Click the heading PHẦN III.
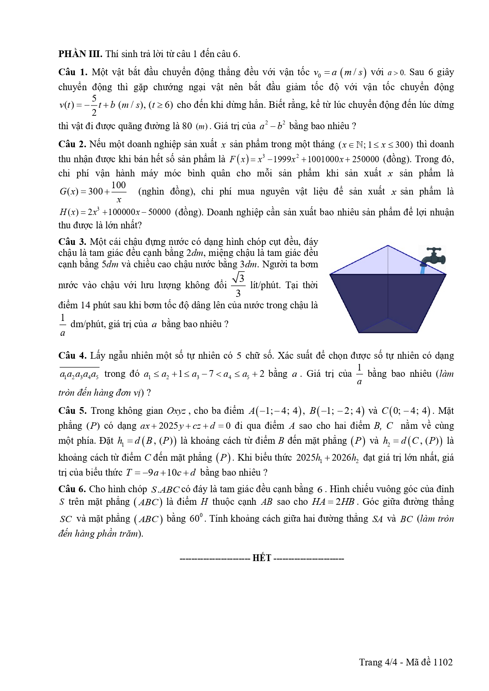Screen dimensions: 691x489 pos(80,54)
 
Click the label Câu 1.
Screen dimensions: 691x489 pos(73,72)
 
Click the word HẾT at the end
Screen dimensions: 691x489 pos(262,558)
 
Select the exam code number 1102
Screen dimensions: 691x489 pos(443,662)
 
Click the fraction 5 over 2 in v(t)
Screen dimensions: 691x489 pos(94,105)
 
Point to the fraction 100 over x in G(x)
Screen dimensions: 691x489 pos(119,192)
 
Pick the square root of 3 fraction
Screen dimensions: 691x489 pos(238,285)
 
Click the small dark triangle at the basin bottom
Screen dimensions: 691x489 pos(389,326)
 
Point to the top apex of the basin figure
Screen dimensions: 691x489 pos(388,246)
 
